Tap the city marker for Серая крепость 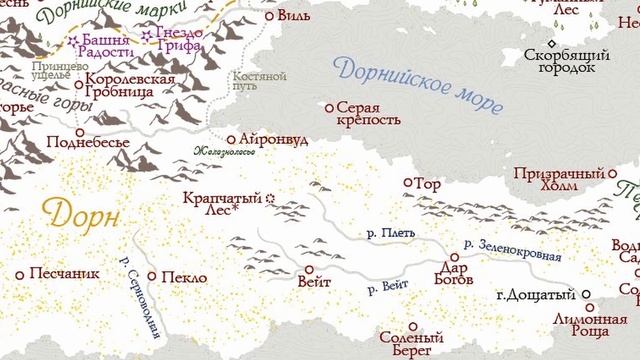point(330,106)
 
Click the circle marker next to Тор point(407,183)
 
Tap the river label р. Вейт point(388,288)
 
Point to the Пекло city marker point(152,276)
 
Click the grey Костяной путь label point(259,82)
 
